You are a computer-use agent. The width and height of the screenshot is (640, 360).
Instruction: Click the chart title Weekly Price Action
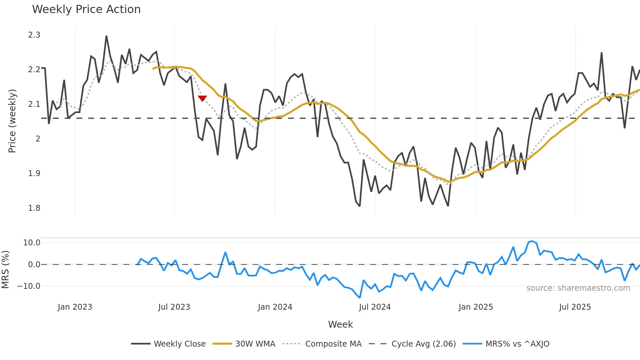86,9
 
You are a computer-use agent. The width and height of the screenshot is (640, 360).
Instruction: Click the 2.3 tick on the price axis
34,35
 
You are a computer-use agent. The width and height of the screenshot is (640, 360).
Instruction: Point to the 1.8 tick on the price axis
34,208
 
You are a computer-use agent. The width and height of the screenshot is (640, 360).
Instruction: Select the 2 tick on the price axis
38,139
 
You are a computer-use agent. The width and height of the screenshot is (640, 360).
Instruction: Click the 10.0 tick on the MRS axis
32,243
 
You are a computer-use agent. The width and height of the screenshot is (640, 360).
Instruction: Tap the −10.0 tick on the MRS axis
29,286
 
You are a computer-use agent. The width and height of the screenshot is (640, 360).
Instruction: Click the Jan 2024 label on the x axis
275,307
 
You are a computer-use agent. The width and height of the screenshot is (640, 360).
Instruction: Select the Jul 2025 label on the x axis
575,307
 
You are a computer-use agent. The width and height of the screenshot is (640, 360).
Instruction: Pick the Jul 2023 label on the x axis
174,307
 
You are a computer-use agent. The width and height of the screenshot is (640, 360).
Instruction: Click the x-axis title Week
340,324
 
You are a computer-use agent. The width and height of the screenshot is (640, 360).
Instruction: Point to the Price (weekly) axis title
12,121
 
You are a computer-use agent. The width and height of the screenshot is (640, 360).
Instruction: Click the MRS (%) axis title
6,270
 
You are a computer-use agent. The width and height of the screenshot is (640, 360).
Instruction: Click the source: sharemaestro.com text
578,288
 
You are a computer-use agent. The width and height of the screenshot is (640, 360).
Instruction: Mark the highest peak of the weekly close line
106,36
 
